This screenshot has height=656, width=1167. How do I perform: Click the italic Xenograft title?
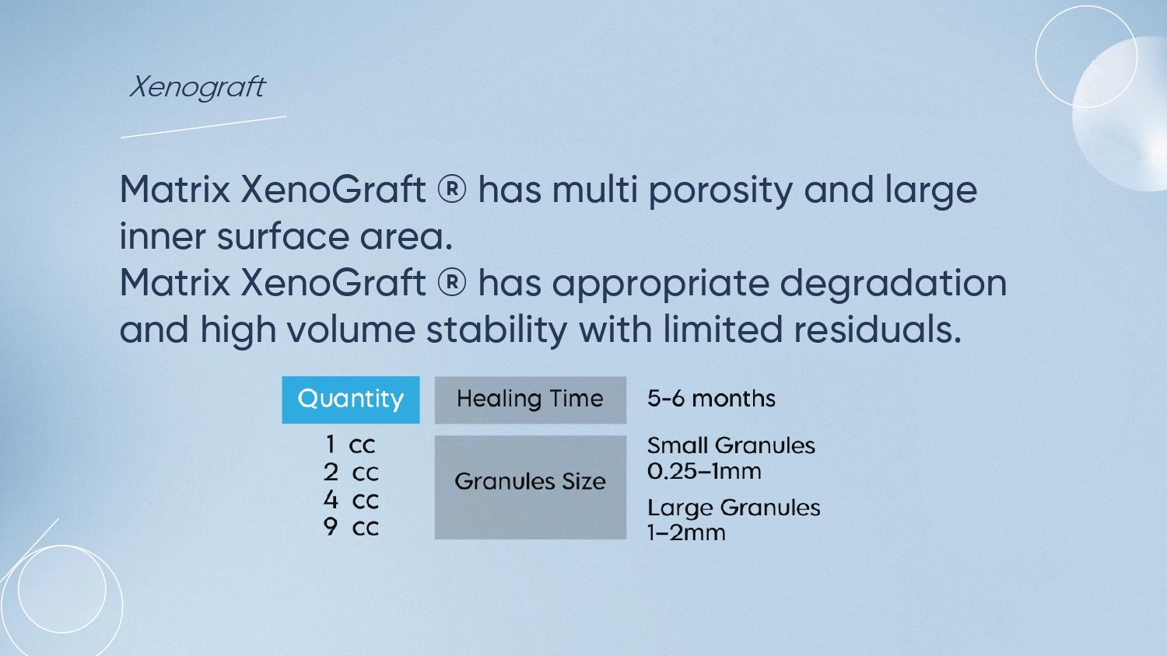(x=198, y=87)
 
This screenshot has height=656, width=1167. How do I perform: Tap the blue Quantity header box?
(x=351, y=400)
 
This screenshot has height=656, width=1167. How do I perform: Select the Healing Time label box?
(x=531, y=400)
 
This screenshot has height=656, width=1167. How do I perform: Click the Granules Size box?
(x=531, y=487)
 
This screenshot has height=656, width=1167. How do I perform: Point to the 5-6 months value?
(x=711, y=399)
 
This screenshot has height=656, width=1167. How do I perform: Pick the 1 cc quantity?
(x=349, y=445)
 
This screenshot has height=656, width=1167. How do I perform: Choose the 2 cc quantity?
(x=351, y=473)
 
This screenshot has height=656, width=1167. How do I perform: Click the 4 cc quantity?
(x=351, y=500)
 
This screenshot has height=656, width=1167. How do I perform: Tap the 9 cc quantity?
(x=351, y=527)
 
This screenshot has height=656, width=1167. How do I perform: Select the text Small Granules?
(x=731, y=445)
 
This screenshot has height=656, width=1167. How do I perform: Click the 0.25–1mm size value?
(x=704, y=471)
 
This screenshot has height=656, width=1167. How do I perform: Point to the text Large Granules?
(x=734, y=508)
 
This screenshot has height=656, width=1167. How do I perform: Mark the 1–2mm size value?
(x=686, y=532)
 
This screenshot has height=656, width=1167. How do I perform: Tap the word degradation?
(x=893, y=284)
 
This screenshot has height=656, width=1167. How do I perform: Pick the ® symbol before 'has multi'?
(x=452, y=189)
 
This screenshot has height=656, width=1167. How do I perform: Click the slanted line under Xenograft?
(x=203, y=127)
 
